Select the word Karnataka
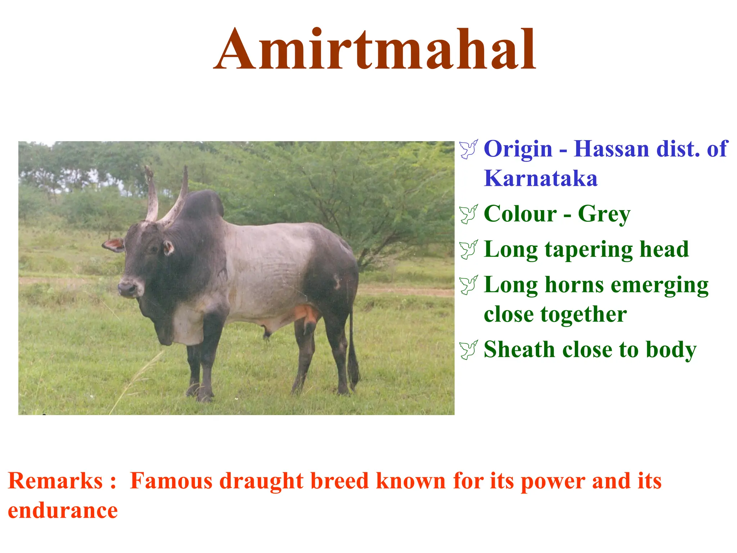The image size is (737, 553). click(541, 178)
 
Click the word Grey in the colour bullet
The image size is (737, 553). click(604, 214)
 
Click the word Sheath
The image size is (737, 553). click(519, 350)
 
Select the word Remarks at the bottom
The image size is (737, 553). click(55, 481)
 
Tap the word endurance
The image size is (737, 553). click(63, 511)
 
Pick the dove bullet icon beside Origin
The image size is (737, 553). click(469, 149)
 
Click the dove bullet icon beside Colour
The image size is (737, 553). click(469, 214)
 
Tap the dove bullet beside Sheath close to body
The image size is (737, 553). click(469, 350)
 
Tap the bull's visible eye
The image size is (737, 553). click(154, 249)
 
